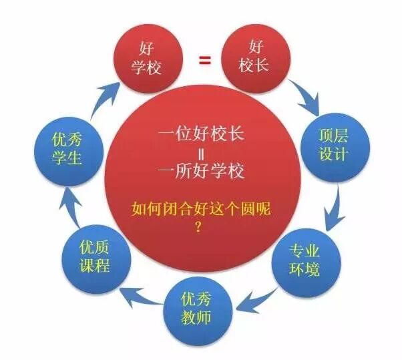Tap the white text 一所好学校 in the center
(201, 171)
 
